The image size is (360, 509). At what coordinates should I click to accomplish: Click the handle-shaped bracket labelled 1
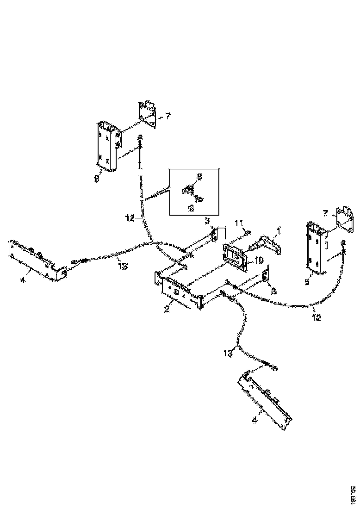click(x=264, y=245)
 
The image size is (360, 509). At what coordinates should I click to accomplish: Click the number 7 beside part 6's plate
click(x=168, y=116)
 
